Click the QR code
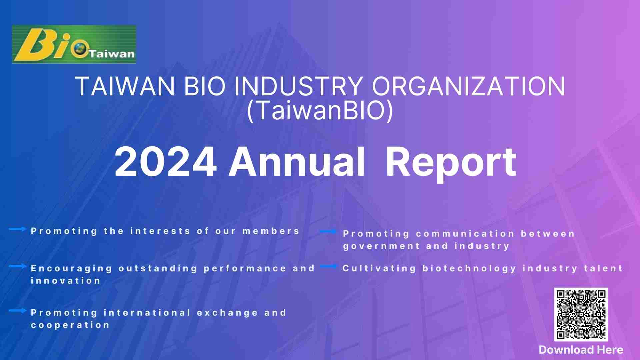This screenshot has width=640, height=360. tap(581, 314)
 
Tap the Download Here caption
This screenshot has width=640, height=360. tap(581, 350)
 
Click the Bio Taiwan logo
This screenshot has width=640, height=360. tap(74, 44)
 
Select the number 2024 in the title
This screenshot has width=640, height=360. tap(166, 162)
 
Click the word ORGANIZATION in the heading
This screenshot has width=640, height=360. tap(469, 86)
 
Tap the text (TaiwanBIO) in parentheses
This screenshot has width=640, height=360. tap(320, 111)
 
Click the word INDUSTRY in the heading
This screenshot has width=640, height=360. tap(298, 86)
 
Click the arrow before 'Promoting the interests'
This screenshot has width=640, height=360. tap(18, 229)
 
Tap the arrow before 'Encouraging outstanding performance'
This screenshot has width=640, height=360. tap(18, 266)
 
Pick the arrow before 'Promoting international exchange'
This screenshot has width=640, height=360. tap(18, 311)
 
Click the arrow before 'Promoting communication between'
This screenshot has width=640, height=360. tap(328, 231)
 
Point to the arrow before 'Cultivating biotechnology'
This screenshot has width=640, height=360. tap(328, 266)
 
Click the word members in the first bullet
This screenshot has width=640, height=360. tap(271, 231)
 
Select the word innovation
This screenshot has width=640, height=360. tap(66, 281)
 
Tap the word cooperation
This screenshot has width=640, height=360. tap(70, 325)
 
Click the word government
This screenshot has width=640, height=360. tap(381, 246)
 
